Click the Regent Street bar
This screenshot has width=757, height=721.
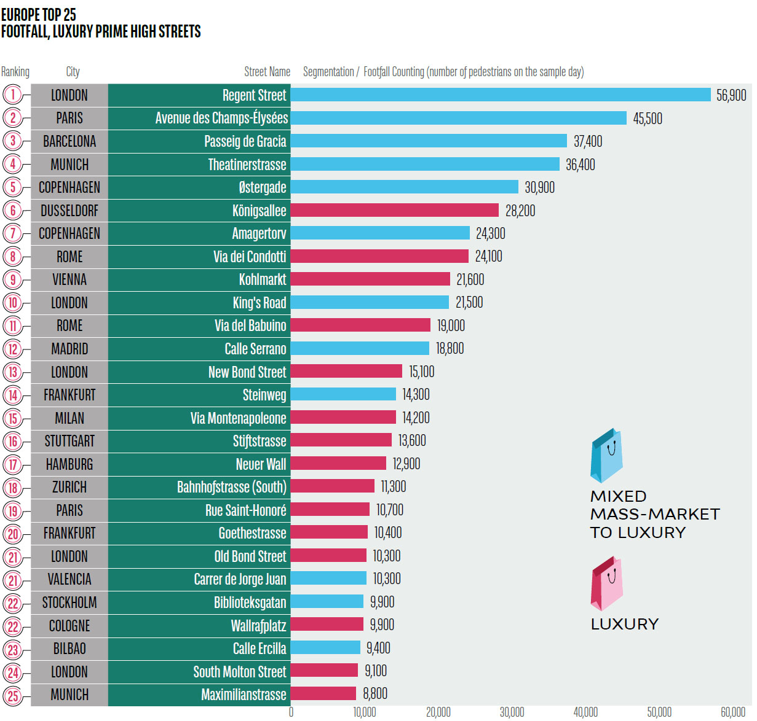tap(501, 95)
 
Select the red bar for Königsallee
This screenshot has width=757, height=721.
tap(395, 211)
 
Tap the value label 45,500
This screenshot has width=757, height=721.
tap(648, 119)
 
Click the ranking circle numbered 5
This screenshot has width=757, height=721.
tap(13, 187)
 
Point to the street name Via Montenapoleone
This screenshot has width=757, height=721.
tap(239, 418)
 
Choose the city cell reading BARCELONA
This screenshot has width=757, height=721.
tap(69, 141)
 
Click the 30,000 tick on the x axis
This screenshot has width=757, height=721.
tap(512, 712)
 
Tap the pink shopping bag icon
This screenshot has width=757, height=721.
tap(606, 583)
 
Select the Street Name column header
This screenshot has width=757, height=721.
tap(267, 72)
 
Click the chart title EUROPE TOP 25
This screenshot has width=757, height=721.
tap(39, 14)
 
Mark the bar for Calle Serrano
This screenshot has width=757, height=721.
tap(360, 349)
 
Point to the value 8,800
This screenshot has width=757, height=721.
tap(375, 694)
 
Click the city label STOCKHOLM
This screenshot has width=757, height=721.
tap(69, 602)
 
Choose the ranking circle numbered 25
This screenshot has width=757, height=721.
tap(13, 696)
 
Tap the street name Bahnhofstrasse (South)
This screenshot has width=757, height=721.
tap(232, 487)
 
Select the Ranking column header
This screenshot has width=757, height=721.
tap(15, 72)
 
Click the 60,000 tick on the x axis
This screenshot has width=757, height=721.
tap(732, 712)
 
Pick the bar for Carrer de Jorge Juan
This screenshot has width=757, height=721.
tap(328, 579)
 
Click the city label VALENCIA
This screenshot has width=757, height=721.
tap(69, 579)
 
